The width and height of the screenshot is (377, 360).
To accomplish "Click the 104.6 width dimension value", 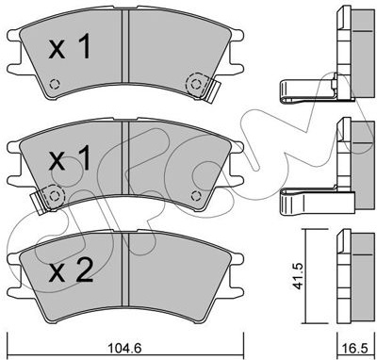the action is [x=125, y=348].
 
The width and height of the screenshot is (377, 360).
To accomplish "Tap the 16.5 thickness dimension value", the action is [x=357, y=348].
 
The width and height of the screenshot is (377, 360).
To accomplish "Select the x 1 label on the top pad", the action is [x=70, y=48].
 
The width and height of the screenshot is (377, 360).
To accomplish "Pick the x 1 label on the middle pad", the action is [x=70, y=159].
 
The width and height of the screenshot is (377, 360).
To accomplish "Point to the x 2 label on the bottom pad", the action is [x=71, y=270].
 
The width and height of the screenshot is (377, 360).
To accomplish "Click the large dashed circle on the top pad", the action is [x=196, y=84].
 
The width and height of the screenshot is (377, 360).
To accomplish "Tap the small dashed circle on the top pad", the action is [x=55, y=84].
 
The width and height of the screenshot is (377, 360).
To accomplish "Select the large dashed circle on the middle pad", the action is [x=54, y=196].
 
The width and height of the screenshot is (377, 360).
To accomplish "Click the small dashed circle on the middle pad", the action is [x=196, y=196].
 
